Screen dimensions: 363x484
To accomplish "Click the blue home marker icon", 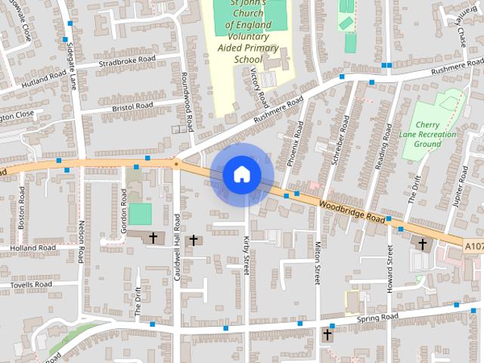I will click(241, 175).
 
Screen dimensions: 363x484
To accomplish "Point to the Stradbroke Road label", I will click(126, 60).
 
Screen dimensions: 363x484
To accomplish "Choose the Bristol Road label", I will click(132, 105).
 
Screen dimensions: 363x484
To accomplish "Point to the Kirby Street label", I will click(247, 253).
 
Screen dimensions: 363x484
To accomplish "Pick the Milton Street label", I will click(318, 262).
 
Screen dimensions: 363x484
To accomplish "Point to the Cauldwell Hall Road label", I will click(176, 247).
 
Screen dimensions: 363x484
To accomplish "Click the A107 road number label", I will click(473, 247).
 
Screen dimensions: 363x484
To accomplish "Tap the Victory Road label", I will click(259, 85).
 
